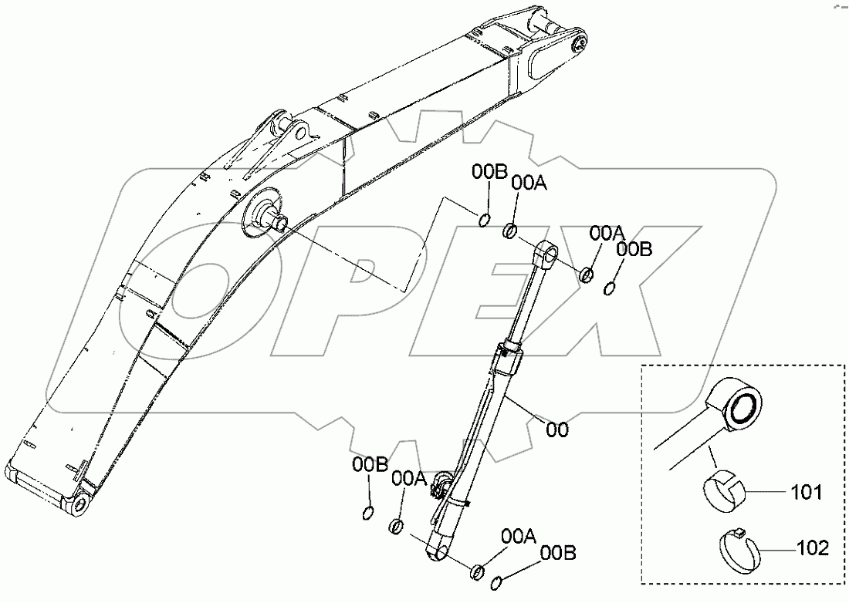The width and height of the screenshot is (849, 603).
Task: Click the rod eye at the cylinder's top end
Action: (547, 251)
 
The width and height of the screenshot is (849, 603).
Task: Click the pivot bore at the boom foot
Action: (80, 507)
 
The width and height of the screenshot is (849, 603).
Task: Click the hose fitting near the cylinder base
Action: (443, 484)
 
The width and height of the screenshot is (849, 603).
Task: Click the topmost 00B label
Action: (489, 173)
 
